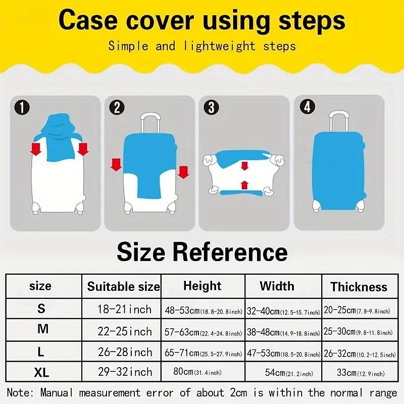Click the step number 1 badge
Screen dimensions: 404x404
point(22,107)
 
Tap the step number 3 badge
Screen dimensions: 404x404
point(211,107)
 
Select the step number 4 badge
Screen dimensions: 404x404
point(308,107)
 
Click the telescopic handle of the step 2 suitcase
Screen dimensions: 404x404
point(150,123)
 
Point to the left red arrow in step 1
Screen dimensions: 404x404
point(35,149)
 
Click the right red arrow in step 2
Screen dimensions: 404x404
point(183,172)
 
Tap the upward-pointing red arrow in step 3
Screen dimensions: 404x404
point(244,185)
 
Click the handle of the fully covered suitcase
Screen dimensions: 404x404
point(338,121)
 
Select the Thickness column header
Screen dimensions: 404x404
point(359,287)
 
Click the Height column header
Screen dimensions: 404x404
point(203,286)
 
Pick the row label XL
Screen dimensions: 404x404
point(41,372)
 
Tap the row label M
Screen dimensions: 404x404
point(43,329)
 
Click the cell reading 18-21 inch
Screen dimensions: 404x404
point(124,309)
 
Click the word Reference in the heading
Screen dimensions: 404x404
point(230,251)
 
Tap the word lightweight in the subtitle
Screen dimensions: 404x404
point(219,46)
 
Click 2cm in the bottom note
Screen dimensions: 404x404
point(238,393)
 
